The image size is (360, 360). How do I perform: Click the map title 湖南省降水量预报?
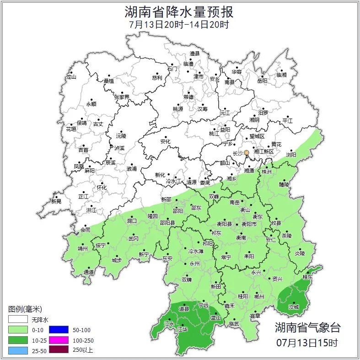[180, 11]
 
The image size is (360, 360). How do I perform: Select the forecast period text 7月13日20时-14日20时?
[180, 24]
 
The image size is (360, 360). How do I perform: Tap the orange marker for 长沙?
[247, 153]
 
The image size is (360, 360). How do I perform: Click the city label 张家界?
[122, 97]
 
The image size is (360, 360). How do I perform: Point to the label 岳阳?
[262, 81]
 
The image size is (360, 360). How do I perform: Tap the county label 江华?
[183, 329]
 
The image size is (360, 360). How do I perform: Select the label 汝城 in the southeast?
[293, 307]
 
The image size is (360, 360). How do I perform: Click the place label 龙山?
[71, 77]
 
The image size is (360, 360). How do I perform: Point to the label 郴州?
[259, 296]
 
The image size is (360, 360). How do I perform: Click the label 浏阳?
[291, 155]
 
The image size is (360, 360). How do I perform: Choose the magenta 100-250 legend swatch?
[58, 340]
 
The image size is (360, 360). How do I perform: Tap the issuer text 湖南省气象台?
[307, 327]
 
